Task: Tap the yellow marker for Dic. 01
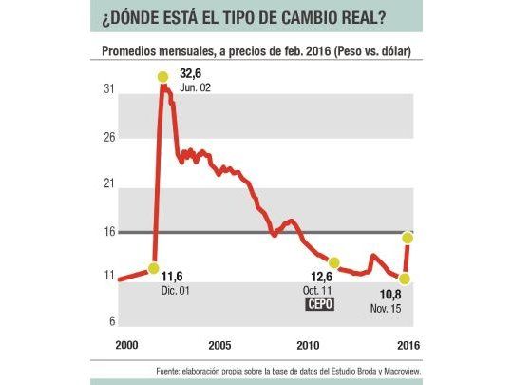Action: (x=154, y=269)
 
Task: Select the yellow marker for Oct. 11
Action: (x=333, y=262)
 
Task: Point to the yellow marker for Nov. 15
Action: (x=405, y=278)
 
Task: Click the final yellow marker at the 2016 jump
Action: (x=408, y=237)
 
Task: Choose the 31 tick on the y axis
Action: (x=109, y=89)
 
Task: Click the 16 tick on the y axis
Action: (x=109, y=231)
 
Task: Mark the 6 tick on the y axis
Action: (x=111, y=321)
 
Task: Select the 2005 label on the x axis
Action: (x=219, y=344)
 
